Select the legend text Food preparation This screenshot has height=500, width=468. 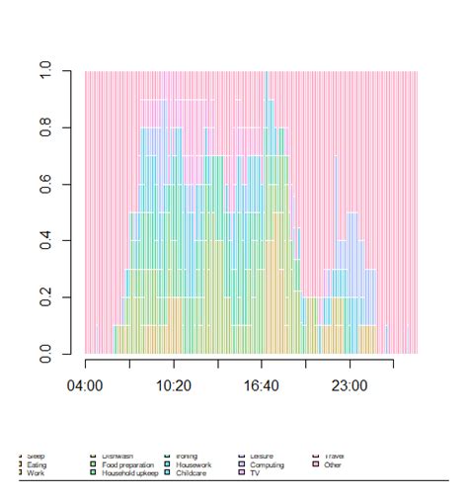(x=127, y=464)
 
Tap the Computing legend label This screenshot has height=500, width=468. (x=267, y=464)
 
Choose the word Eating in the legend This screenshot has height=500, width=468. (x=38, y=464)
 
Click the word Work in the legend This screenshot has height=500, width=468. (x=36, y=473)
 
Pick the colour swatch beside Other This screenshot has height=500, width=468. (x=315, y=464)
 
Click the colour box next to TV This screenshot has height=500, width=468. (x=242, y=473)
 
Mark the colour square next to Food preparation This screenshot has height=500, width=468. (x=94, y=464)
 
